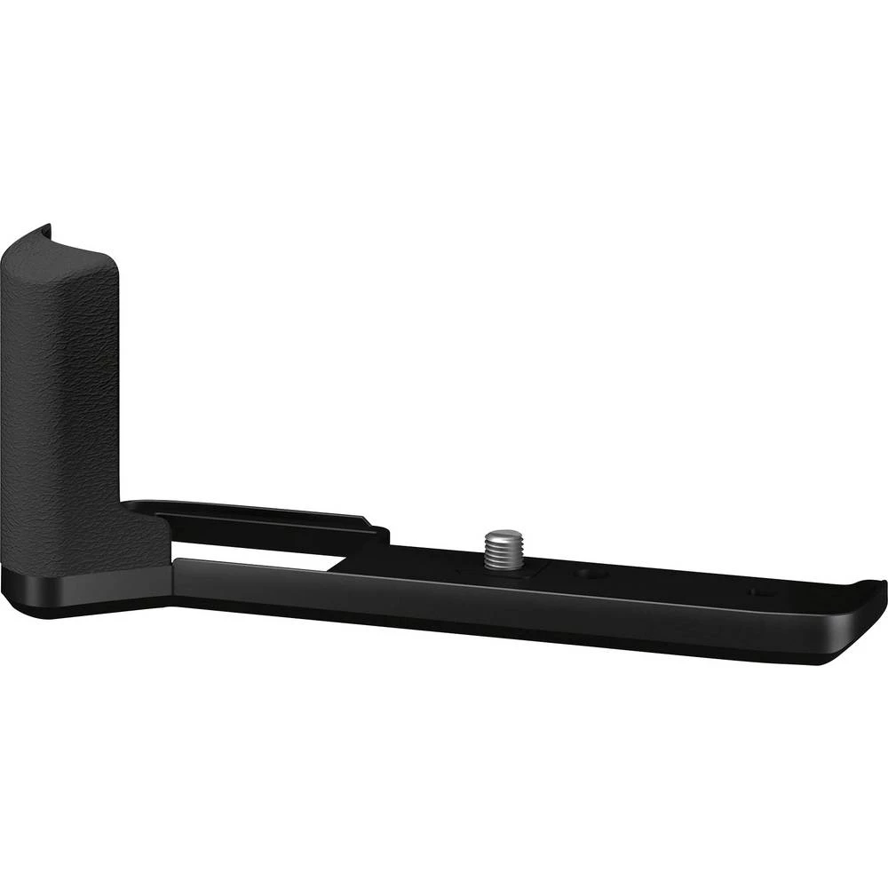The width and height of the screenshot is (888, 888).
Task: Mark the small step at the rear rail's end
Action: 377,524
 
